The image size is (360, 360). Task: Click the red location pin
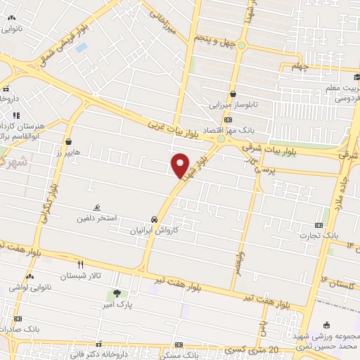point(181,165)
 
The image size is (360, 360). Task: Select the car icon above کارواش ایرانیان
point(154,219)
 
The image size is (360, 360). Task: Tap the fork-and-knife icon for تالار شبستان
point(81,264)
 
